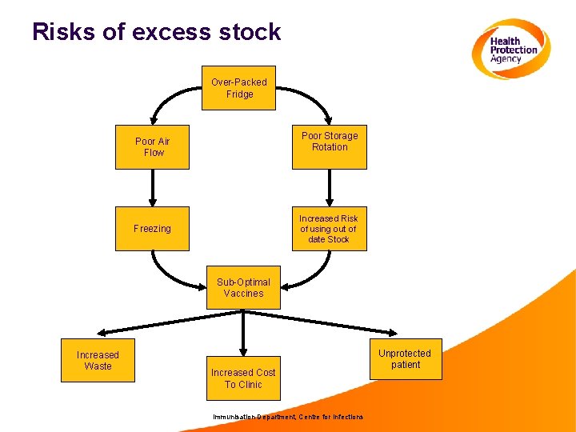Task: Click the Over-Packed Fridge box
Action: click(x=238, y=88)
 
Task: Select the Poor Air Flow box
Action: click(x=152, y=147)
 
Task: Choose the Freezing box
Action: click(x=152, y=229)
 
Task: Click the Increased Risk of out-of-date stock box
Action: click(x=329, y=229)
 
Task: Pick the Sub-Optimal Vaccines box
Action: click(x=243, y=287)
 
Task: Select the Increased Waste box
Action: click(x=98, y=361)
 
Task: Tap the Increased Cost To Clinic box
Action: click(x=243, y=378)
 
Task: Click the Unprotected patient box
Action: click(x=404, y=359)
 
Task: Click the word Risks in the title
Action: click(x=61, y=32)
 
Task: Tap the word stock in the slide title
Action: click(x=250, y=32)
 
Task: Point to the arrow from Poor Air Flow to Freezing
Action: click(x=152, y=188)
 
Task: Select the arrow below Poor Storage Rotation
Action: click(x=329, y=188)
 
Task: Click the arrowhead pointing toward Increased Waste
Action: click(x=100, y=331)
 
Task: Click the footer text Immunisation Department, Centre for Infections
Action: click(x=287, y=417)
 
